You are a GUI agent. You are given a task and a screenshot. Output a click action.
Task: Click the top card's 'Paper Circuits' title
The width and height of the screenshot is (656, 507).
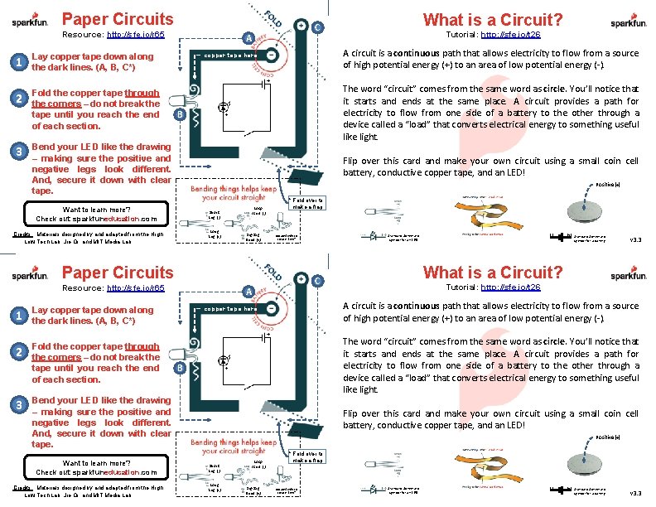point(118,18)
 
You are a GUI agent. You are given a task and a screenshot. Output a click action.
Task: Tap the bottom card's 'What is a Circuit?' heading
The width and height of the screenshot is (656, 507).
point(493,273)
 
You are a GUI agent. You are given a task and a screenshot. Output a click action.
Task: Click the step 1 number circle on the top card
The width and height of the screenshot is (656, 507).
point(18,62)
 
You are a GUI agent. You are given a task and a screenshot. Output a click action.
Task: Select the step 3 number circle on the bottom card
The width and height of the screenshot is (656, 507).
point(18,405)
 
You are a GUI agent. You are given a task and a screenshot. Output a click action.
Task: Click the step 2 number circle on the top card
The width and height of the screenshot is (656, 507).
point(18,99)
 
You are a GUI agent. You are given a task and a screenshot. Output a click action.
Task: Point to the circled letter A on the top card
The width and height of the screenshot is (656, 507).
point(248,36)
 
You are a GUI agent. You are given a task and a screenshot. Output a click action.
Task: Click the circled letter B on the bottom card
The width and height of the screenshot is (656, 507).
point(179,367)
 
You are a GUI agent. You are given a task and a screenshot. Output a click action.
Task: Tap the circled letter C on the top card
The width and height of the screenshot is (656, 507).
point(318,27)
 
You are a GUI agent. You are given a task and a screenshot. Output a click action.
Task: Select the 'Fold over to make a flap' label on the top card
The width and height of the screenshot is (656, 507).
point(309,203)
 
